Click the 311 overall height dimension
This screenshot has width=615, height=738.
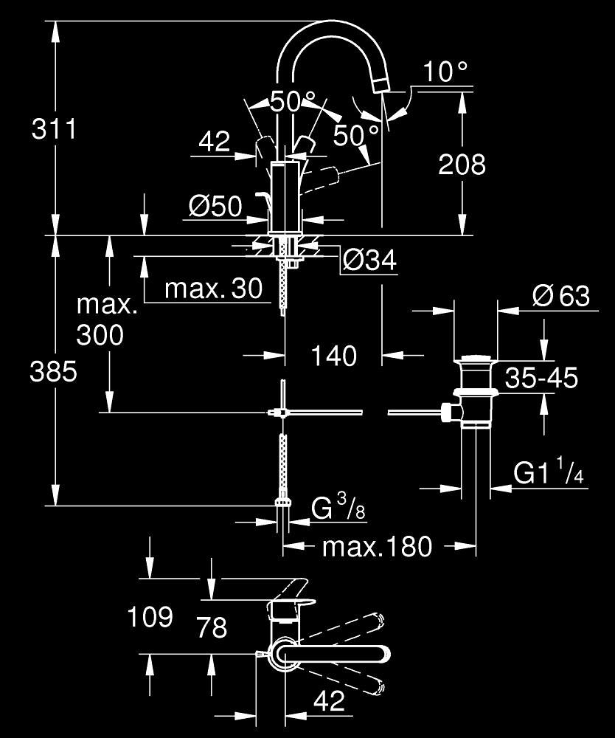[x=54, y=128]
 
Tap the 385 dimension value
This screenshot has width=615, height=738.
[x=53, y=371]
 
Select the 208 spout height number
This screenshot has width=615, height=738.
[x=462, y=165]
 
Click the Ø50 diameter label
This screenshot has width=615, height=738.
[x=215, y=206]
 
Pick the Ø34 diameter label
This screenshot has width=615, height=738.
[x=369, y=260]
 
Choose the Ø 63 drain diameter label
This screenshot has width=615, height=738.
[x=561, y=296]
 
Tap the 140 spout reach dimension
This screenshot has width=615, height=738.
[x=334, y=356]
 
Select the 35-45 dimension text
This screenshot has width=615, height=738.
[x=541, y=377]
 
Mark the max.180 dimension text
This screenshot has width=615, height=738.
[x=377, y=546]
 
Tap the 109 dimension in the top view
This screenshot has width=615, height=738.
[x=150, y=616]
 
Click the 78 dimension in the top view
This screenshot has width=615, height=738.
[x=212, y=627]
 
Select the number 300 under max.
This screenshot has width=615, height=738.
[x=100, y=335]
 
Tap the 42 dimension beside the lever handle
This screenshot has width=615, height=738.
[x=215, y=141]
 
